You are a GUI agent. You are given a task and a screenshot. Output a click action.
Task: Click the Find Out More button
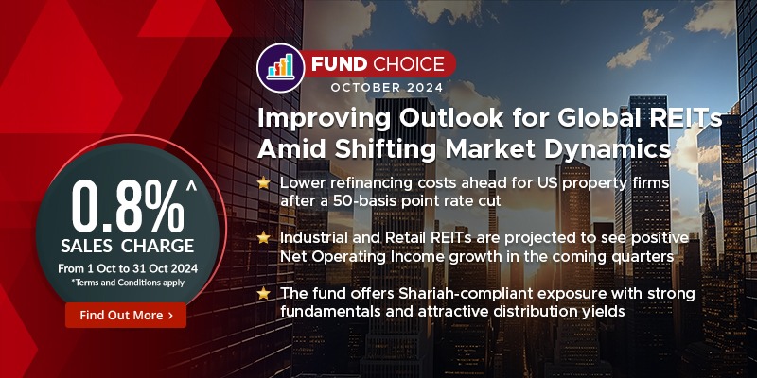[126, 316]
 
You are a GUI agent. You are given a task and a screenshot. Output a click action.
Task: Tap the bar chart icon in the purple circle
[280, 65]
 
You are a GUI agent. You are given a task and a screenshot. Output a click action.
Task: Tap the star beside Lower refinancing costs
[264, 182]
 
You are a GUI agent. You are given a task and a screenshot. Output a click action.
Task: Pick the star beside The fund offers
[264, 294]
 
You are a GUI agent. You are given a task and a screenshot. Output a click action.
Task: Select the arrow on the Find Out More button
[170, 316]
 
